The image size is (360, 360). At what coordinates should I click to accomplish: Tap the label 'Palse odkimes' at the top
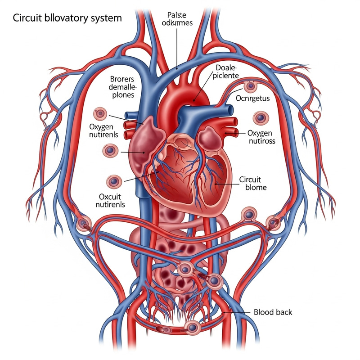[176, 18]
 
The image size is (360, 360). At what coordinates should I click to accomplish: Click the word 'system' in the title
[105, 19]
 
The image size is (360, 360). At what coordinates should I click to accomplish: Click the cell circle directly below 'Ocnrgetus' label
[260, 118]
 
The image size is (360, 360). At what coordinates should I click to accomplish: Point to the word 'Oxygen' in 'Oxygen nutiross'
[260, 133]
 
